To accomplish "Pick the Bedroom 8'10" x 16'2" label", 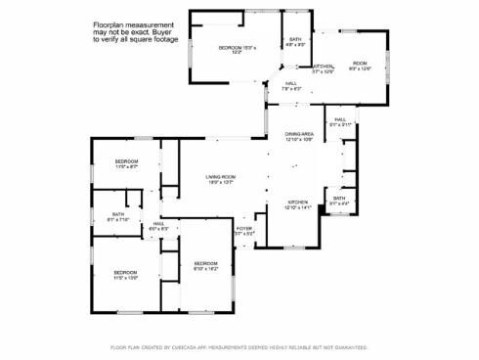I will coord(205,265).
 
